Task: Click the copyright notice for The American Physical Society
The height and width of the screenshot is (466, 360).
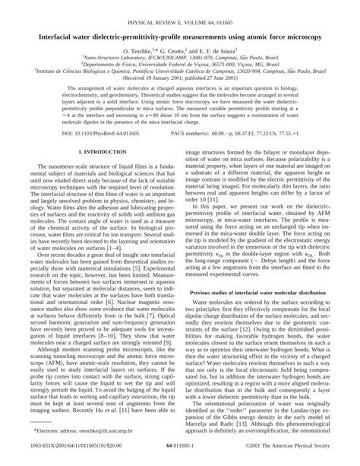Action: (299, 458)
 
